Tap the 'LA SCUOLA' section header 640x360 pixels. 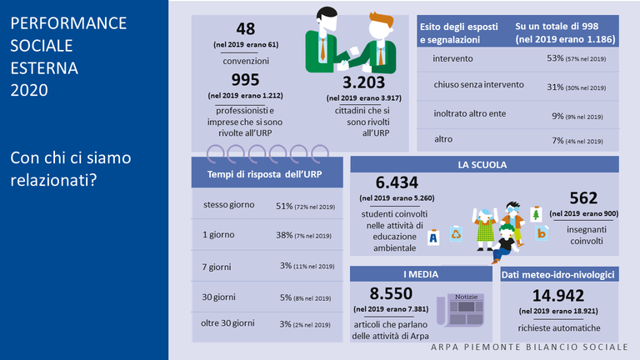(482, 165)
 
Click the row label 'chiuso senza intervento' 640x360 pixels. (478, 85)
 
